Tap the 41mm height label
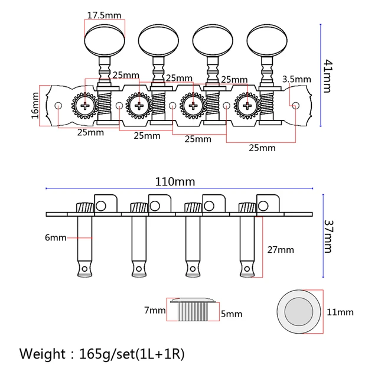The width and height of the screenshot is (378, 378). point(327,76)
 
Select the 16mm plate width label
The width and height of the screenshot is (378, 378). point(35,105)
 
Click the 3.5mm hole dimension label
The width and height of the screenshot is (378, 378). point(296,79)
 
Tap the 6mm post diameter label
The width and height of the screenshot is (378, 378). point(56,238)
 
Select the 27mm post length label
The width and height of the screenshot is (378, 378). point(281,250)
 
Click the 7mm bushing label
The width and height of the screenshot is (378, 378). point(155,310)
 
